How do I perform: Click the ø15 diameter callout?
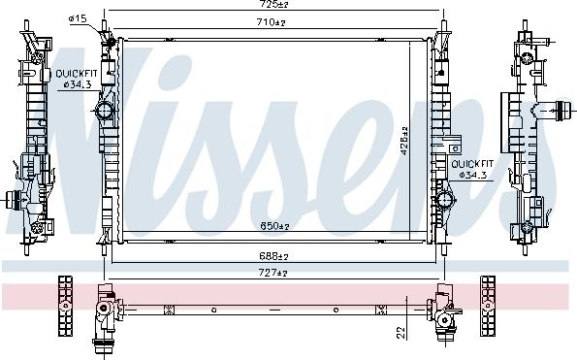[x=79, y=18]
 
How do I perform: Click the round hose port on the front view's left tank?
[x=106, y=113]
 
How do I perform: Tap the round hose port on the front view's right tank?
[x=445, y=201]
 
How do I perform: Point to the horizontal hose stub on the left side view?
[x=14, y=202]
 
